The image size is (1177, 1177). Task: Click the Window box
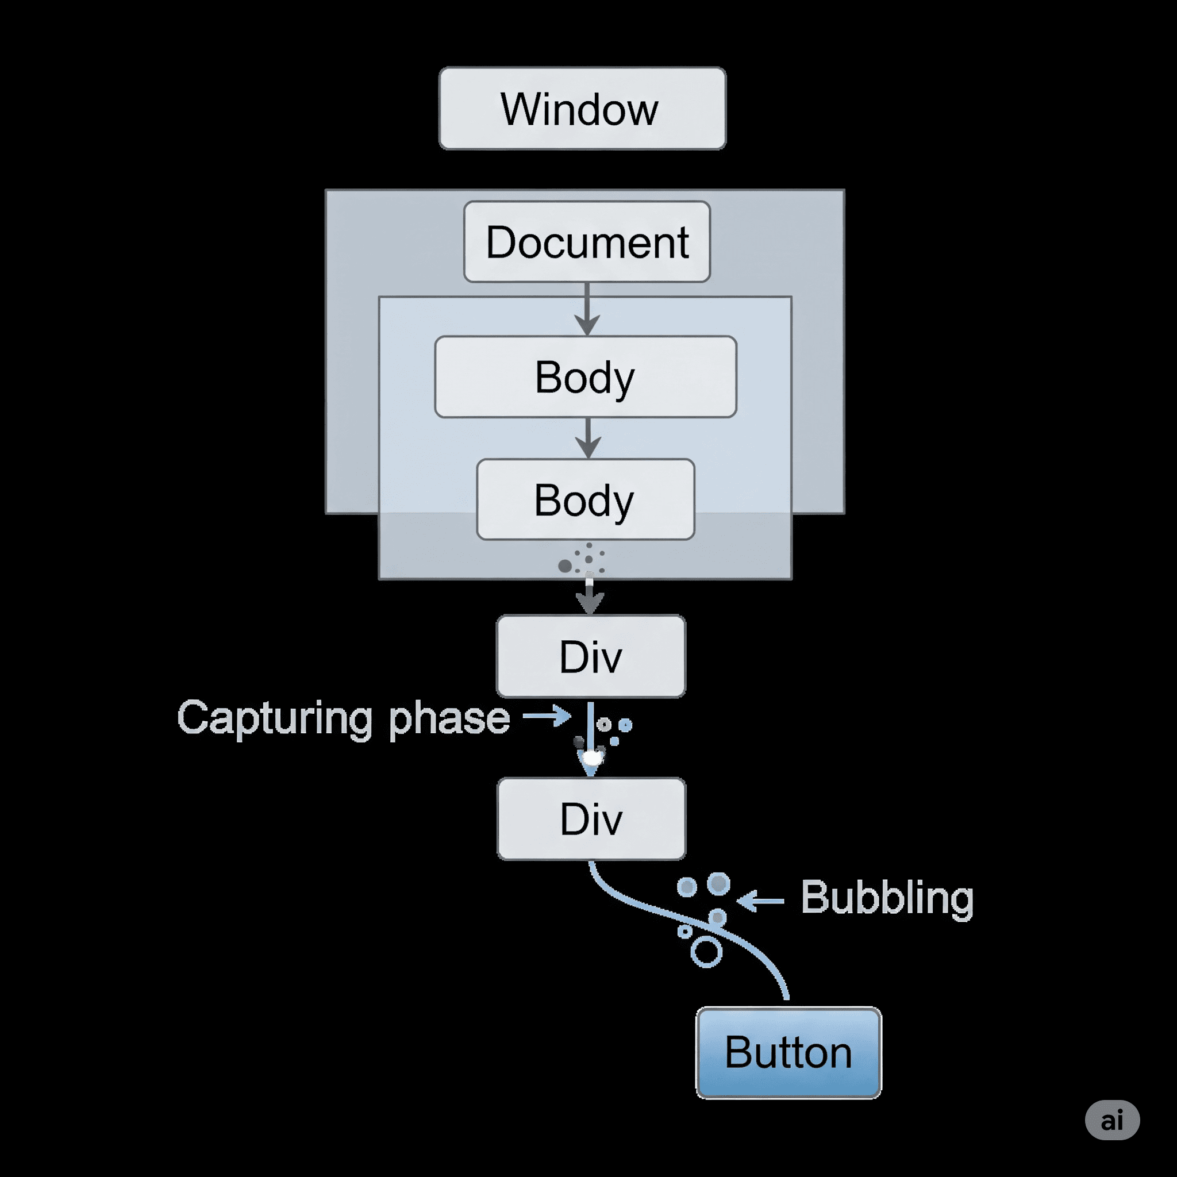582,109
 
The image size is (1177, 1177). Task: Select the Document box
587,242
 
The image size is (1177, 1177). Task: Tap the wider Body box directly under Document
586,376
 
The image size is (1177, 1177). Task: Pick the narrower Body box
586,499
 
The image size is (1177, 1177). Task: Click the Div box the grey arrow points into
590,656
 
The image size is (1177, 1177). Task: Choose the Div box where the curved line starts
591,819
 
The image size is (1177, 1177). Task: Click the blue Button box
788,1052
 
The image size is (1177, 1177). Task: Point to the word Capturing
274,719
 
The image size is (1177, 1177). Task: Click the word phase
449,719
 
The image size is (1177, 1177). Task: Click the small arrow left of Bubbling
760,900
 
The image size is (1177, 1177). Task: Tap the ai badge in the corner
1112,1120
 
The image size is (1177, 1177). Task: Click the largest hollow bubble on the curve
706,952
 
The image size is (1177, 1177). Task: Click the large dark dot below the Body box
565,566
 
